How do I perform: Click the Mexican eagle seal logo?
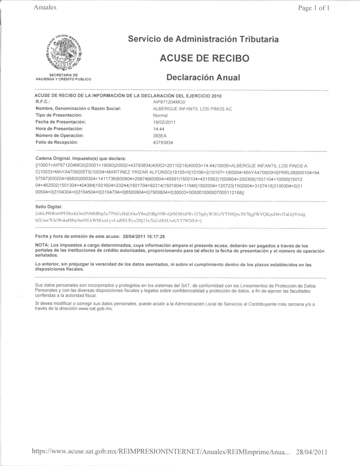tap(62, 53)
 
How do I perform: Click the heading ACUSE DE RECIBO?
tap(204, 58)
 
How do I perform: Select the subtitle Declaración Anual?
tap(203, 78)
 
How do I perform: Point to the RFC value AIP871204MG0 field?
tap(169, 102)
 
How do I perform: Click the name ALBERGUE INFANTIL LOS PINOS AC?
tap(192, 109)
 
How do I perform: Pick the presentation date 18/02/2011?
tap(164, 122)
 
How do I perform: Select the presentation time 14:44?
tap(159, 129)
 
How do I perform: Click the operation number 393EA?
tap(160, 136)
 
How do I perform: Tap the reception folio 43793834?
tap(163, 143)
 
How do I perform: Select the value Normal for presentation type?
tap(160, 116)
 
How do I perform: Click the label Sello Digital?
tap(49, 207)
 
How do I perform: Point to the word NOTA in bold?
tap(42, 245)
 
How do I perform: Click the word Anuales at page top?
tap(45, 7)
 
